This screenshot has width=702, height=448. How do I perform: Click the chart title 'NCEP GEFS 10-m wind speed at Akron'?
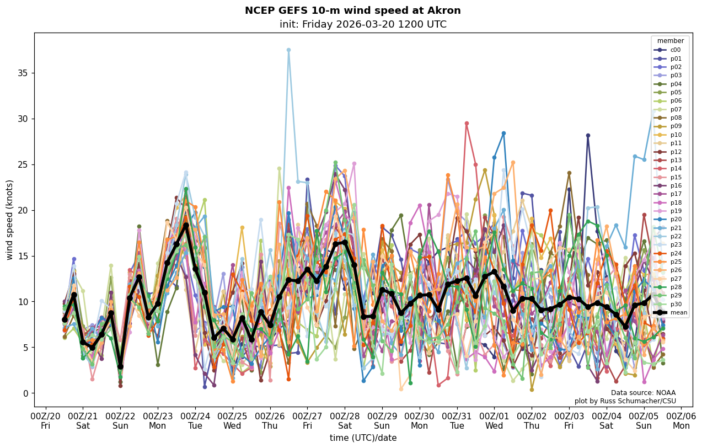[352, 11]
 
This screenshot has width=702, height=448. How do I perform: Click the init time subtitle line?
[363, 25]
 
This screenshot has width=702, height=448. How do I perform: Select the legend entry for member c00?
[675, 50]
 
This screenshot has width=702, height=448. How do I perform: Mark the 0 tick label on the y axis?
[25, 393]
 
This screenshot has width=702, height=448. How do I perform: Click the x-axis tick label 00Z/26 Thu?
[270, 420]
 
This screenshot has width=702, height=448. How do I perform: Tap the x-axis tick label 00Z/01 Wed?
[494, 420]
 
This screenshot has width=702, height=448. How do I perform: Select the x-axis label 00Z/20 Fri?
[45, 420]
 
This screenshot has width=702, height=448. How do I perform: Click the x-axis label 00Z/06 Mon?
[681, 420]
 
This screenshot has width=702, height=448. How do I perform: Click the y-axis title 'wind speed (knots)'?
[10, 220]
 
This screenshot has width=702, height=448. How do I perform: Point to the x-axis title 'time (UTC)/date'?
[363, 438]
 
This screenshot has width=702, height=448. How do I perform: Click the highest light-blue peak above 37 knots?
[288, 50]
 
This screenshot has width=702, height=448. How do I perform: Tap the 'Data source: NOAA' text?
[643, 393]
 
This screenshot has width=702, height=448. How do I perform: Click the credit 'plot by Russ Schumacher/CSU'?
[625, 401]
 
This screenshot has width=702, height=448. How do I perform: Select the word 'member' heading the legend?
[670, 41]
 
